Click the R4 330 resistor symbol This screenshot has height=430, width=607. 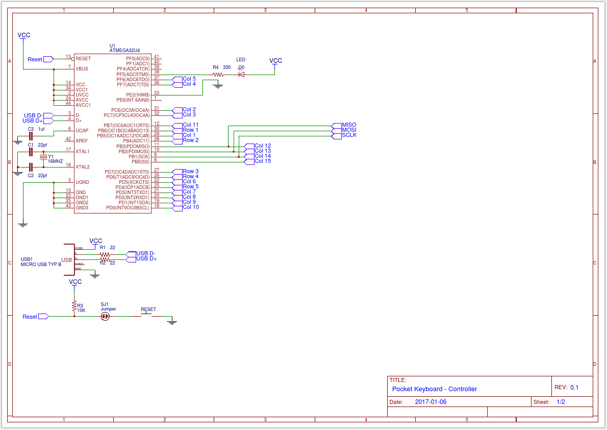[218, 75]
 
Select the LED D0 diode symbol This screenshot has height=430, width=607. [241, 75]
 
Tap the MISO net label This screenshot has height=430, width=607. [349, 125]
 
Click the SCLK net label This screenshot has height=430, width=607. [349, 135]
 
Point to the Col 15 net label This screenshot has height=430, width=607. [262, 161]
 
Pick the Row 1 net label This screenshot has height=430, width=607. [190, 130]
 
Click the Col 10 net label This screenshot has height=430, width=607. [190, 207]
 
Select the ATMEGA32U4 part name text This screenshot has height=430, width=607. [124, 51]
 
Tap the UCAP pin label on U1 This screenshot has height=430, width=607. [82, 131]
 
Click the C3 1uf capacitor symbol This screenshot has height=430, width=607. [31, 136]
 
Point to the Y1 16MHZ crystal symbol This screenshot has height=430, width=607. [43, 157]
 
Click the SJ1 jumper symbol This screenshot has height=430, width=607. [105, 317]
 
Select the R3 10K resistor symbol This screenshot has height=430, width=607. [74, 306]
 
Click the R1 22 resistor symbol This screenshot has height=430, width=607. [105, 254]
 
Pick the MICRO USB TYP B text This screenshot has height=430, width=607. [41, 265]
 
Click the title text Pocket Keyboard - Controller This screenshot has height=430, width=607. [434, 389]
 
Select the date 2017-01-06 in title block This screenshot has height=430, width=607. [431, 402]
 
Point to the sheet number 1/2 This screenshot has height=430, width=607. [560, 402]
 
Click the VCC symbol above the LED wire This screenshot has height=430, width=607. [275, 61]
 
